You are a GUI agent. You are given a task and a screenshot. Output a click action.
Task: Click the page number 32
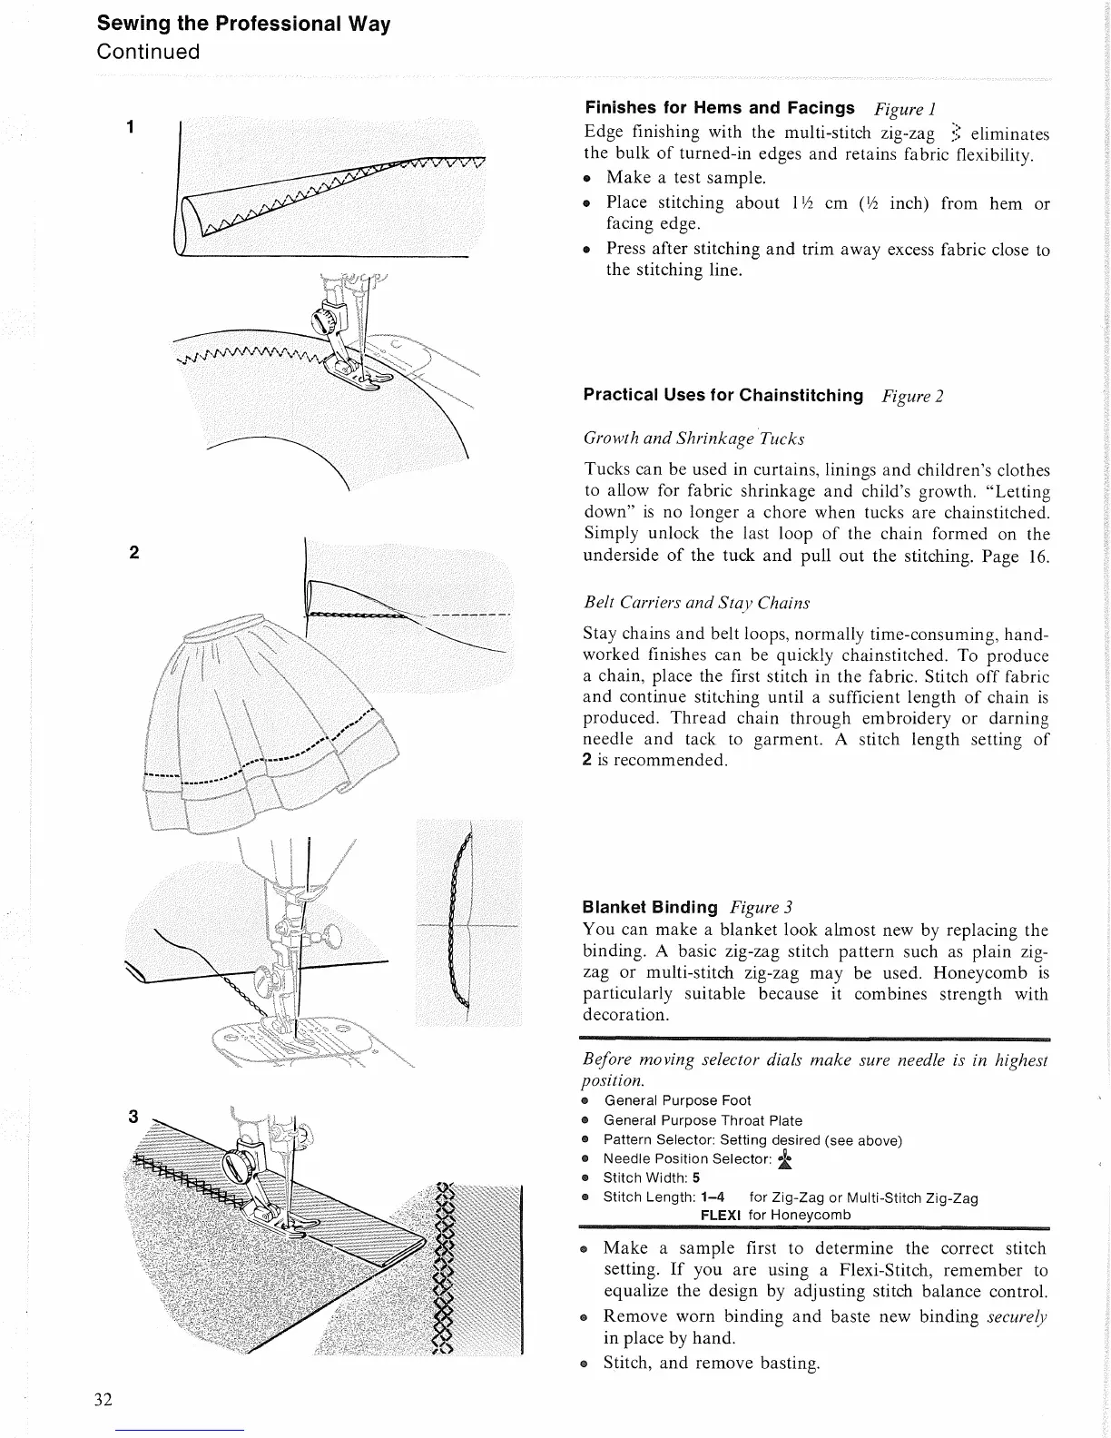click(x=103, y=1399)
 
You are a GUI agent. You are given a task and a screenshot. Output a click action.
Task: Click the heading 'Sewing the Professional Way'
click(x=243, y=24)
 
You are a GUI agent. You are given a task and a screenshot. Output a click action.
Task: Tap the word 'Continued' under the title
click(x=148, y=52)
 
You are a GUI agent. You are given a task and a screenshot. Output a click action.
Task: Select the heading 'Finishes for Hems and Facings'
click(x=720, y=109)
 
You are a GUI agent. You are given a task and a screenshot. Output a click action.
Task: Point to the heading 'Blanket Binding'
click(x=650, y=907)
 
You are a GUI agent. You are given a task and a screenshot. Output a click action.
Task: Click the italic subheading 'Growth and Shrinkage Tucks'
click(x=694, y=439)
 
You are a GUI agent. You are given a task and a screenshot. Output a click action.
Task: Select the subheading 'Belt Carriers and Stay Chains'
click(x=696, y=603)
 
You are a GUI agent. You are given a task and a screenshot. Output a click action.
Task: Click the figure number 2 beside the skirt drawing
click(x=133, y=553)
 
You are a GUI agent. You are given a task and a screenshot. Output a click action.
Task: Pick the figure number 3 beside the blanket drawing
click(x=133, y=1118)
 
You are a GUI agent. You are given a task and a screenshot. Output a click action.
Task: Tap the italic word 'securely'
click(x=1017, y=1316)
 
